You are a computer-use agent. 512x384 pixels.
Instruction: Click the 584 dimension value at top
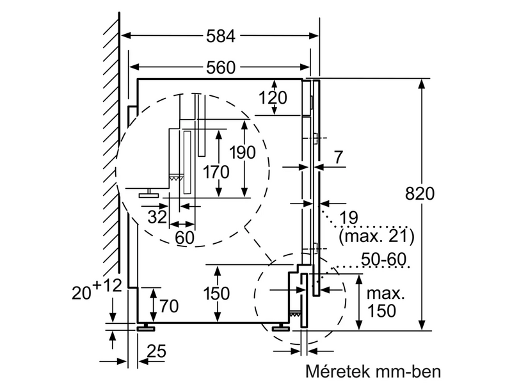(x=220, y=36)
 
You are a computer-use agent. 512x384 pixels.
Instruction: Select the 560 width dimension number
(x=220, y=67)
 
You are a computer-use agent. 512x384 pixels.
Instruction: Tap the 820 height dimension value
(x=419, y=194)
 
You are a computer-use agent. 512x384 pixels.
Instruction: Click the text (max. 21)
(x=376, y=237)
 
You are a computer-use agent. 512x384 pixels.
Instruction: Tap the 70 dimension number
(x=168, y=305)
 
